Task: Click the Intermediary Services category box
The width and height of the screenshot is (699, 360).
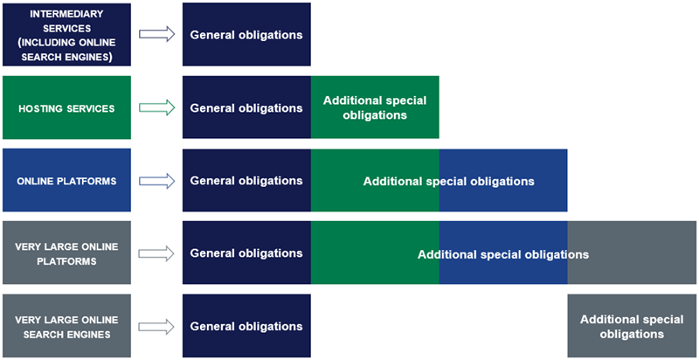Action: coord(66,34)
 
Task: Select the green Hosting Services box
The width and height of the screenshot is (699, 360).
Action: coord(66,107)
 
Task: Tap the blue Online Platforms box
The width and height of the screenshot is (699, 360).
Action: coord(66,180)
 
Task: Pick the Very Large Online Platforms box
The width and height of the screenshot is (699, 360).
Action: coord(66,253)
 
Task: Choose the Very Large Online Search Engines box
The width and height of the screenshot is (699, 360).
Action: coord(66,326)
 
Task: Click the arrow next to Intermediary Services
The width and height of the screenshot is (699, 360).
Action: coord(157,34)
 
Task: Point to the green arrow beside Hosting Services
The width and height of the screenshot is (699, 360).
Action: coord(157,107)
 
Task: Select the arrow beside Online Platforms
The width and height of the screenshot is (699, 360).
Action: coord(157,180)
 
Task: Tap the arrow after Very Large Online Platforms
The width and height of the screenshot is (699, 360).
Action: coord(157,253)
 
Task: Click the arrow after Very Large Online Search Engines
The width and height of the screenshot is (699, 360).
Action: coord(157,326)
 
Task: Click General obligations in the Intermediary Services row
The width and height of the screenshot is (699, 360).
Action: coord(246,34)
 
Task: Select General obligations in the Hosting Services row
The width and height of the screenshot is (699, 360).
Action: coord(246,107)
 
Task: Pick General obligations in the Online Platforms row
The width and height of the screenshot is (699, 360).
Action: coord(246,180)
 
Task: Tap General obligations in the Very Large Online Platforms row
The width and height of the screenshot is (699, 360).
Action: coord(246,253)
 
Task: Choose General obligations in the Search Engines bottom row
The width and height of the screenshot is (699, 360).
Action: coord(246,326)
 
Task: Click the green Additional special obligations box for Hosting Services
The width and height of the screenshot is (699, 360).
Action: coord(375,107)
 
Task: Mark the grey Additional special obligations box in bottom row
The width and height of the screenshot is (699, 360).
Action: coord(632,326)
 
